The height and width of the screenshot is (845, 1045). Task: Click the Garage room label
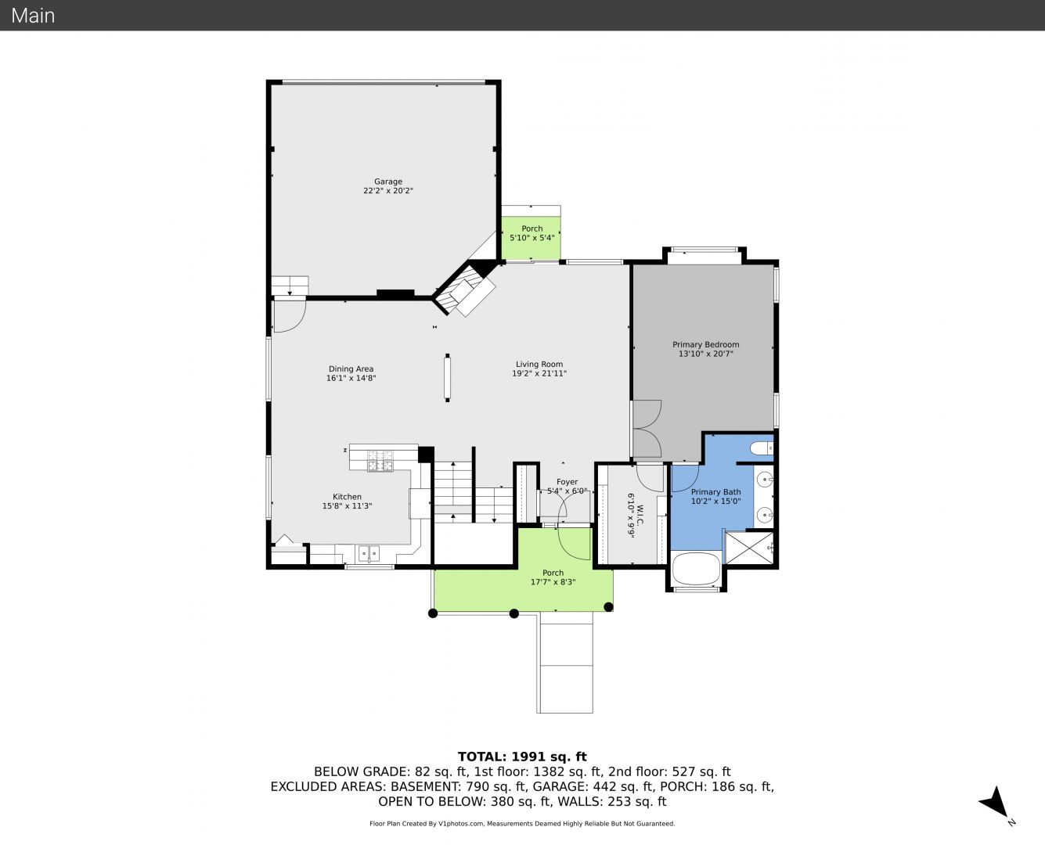click(x=388, y=182)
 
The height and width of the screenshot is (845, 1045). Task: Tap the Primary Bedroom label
click(x=705, y=345)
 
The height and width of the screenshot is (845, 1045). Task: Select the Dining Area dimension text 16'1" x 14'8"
click(x=351, y=378)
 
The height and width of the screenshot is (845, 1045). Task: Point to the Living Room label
click(x=539, y=365)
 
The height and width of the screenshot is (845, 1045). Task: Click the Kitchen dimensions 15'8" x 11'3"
click(x=347, y=506)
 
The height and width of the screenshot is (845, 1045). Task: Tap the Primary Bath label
click(x=715, y=492)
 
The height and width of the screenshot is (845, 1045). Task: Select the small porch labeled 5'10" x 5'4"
click(x=532, y=238)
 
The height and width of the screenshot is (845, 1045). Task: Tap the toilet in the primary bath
click(x=762, y=448)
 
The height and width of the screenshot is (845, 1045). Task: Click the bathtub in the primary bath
click(x=696, y=568)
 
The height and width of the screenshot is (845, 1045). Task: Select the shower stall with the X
click(x=749, y=548)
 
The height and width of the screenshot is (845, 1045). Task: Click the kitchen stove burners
click(x=380, y=462)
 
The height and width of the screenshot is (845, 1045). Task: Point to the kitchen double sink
click(x=369, y=554)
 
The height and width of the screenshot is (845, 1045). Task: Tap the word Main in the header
click(x=33, y=16)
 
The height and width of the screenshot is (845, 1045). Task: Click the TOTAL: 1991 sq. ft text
click(x=522, y=757)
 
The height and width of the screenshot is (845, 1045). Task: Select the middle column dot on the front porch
click(x=514, y=613)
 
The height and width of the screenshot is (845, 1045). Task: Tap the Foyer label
click(x=567, y=482)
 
